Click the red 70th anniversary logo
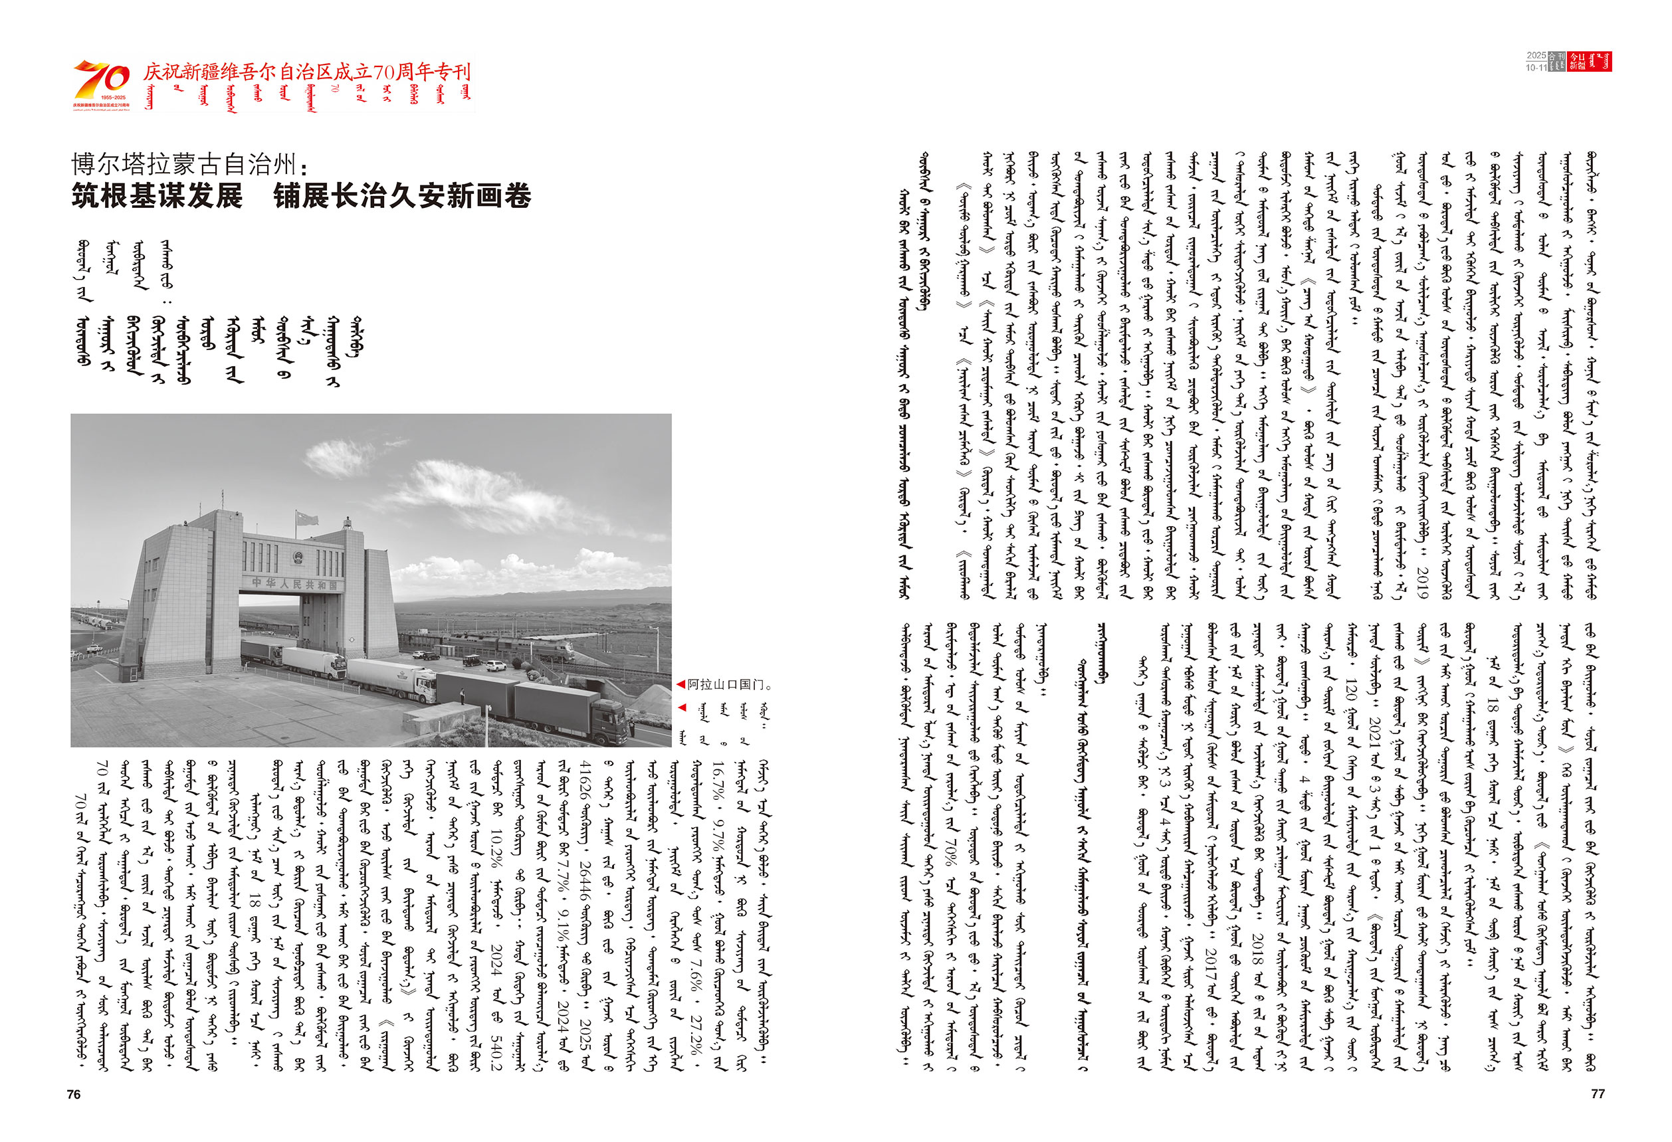(x=101, y=82)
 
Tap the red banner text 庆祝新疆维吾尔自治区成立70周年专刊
(x=306, y=72)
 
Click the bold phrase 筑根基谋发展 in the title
(x=157, y=195)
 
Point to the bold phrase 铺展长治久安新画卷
(x=402, y=195)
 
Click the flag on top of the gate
(x=307, y=518)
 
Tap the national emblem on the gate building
(x=296, y=558)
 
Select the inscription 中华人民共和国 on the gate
(x=294, y=584)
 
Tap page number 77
(x=1597, y=1093)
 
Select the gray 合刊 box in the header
(x=1556, y=62)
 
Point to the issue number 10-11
(x=1535, y=68)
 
